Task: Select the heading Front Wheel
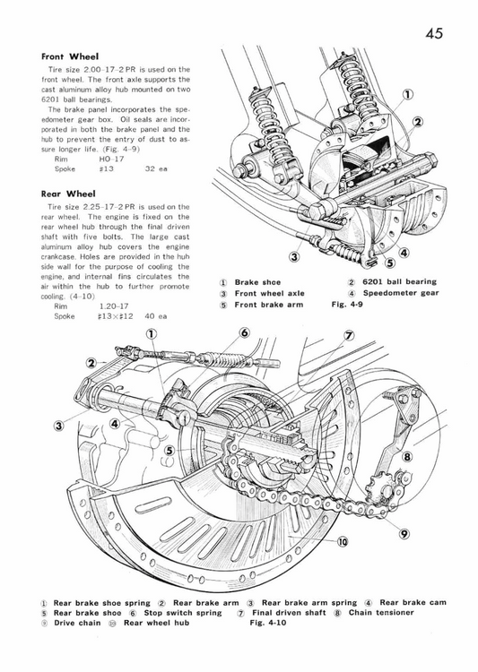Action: pos(69,56)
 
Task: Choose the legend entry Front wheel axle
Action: pos(270,293)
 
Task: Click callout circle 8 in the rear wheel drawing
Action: pos(406,456)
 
